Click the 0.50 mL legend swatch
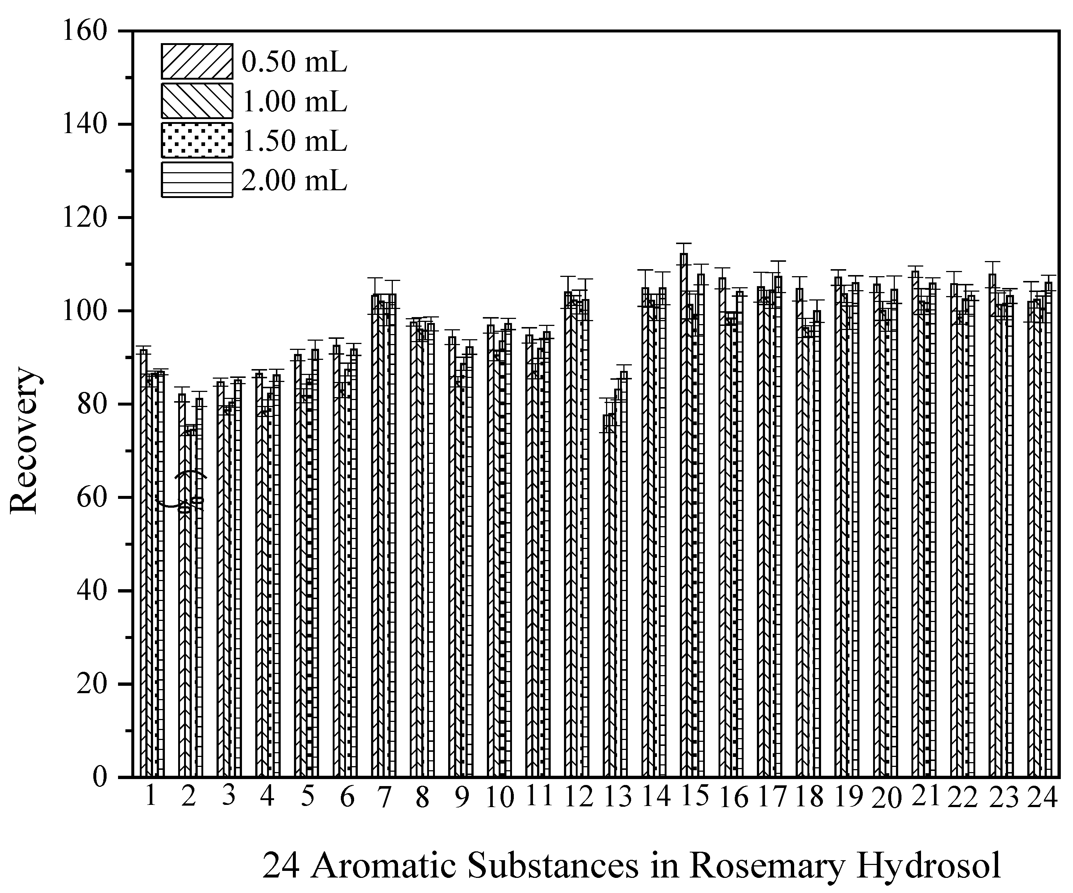[x=197, y=61]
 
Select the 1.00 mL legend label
[x=294, y=101]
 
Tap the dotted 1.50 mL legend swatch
[x=197, y=140]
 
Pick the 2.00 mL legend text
[x=294, y=180]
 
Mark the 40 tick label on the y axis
[x=92, y=591]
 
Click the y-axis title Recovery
[x=24, y=440]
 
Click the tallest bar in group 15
[x=683, y=511]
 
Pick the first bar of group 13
[x=606, y=587]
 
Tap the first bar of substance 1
[x=143, y=562]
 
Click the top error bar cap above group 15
[x=683, y=244]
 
